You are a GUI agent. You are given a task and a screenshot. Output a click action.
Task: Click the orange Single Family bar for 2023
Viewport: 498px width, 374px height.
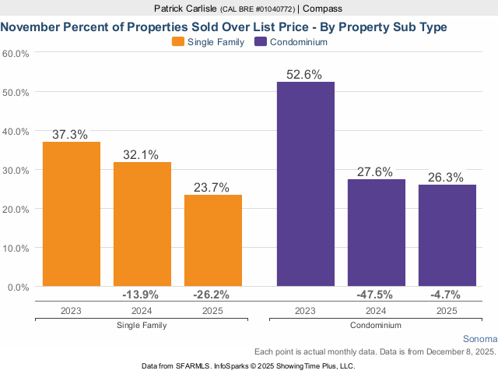(71, 214)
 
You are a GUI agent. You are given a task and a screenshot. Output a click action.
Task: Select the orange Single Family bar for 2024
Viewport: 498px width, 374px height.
(142, 224)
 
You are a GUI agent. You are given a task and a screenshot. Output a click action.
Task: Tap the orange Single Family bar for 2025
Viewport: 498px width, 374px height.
(212, 241)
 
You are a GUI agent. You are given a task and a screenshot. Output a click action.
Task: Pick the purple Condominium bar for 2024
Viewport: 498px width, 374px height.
(376, 233)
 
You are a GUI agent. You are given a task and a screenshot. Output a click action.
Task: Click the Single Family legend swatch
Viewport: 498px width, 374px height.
(177, 42)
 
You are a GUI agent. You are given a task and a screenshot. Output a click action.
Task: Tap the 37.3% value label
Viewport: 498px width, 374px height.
(71, 134)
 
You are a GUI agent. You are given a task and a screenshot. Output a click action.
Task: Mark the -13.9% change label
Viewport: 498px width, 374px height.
(142, 295)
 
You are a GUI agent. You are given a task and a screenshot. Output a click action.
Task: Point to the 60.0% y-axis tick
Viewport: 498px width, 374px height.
(16, 54)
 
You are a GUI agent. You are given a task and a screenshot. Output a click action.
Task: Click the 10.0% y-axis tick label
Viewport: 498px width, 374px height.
(16, 248)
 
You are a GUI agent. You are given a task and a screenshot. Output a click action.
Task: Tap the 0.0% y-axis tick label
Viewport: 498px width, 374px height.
(19, 287)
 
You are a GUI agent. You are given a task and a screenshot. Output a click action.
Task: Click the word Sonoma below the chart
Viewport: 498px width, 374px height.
(479, 340)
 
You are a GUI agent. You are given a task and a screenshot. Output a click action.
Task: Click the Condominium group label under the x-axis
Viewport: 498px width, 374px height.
(376, 325)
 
